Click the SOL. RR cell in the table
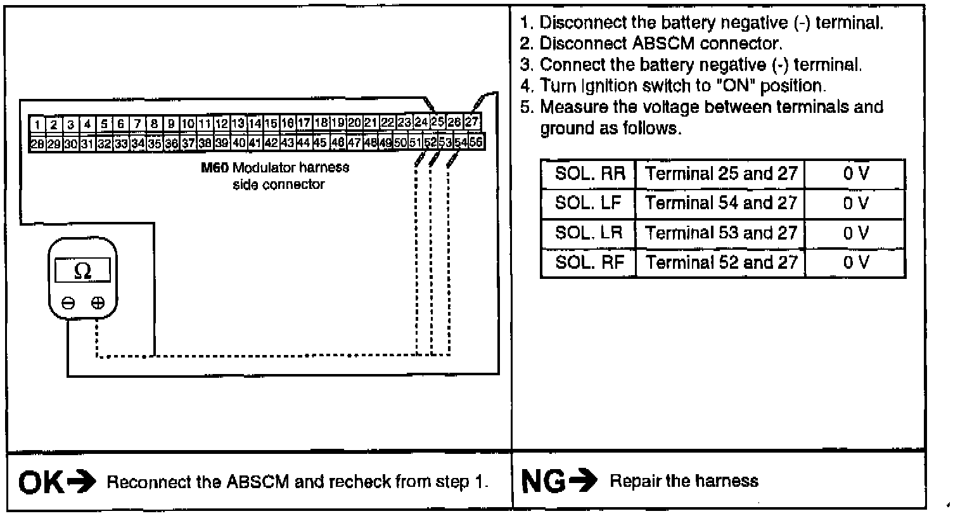(x=587, y=174)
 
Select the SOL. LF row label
(x=587, y=203)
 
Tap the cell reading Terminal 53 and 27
(x=720, y=233)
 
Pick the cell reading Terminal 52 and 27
(x=720, y=262)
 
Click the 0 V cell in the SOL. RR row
(x=855, y=174)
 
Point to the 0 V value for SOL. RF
(x=855, y=262)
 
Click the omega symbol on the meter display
(x=82, y=271)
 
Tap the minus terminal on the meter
(x=68, y=303)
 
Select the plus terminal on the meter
(x=97, y=303)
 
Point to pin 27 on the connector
(x=471, y=122)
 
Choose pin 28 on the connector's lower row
(x=37, y=143)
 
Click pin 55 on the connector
(x=476, y=142)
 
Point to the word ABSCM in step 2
(x=663, y=44)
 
